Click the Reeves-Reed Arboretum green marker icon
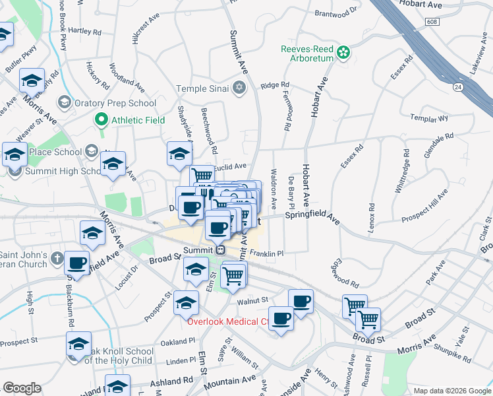[x=343, y=53]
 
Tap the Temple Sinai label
[x=202, y=88]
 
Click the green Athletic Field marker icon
[x=101, y=120]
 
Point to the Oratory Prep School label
[x=115, y=103]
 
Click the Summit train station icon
[x=221, y=250]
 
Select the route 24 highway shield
[x=457, y=86]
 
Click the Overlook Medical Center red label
[x=227, y=322]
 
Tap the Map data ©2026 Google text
[x=452, y=390]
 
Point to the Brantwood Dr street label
[x=335, y=12]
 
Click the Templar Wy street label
[x=429, y=119]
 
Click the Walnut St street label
[x=250, y=300]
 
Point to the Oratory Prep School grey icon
[x=64, y=102]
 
